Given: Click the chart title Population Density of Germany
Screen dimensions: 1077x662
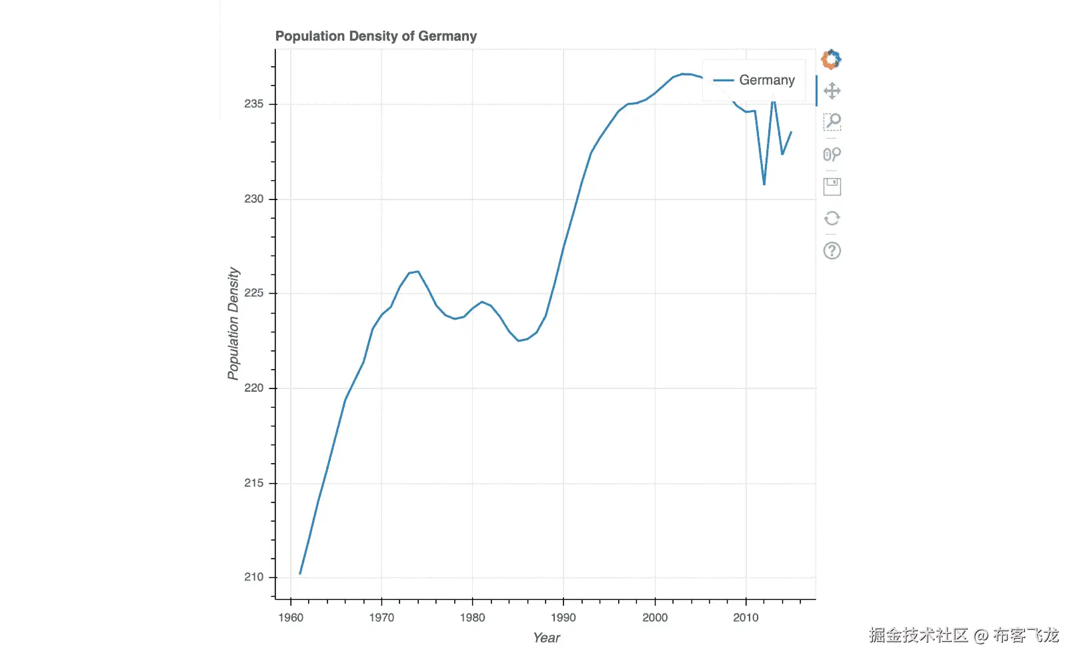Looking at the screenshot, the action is point(375,36).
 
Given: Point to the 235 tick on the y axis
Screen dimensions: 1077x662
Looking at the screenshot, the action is point(253,104).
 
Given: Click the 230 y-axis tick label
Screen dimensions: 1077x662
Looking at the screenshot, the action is point(253,199).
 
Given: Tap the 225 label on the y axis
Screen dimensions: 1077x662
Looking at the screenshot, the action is point(253,293).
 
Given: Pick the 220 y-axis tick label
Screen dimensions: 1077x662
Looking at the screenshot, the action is point(253,388).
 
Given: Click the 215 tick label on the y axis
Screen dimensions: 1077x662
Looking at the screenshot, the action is point(253,482).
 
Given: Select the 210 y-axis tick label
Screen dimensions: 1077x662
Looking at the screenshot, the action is point(253,577).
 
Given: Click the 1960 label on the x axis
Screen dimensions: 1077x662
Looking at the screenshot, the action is point(291,617).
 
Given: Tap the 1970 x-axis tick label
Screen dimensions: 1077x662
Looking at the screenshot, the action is point(381,617).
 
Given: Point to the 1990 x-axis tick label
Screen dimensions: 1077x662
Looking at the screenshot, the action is point(564,617).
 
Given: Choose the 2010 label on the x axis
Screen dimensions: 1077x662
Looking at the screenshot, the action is point(746,617).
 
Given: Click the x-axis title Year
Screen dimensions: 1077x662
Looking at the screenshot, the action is point(546,638).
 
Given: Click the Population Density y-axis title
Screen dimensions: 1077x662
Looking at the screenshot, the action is point(233,324).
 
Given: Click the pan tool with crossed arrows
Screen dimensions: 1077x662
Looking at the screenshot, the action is point(832,91).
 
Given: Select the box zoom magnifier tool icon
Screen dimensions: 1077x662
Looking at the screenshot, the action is point(832,121).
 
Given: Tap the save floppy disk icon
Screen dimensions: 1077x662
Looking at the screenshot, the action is point(832,186).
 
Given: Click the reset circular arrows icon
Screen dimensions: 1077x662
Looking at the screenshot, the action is point(832,218).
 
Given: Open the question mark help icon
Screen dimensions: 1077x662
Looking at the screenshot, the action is point(832,251).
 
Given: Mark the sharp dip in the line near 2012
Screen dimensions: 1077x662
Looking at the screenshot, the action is point(764,184).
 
